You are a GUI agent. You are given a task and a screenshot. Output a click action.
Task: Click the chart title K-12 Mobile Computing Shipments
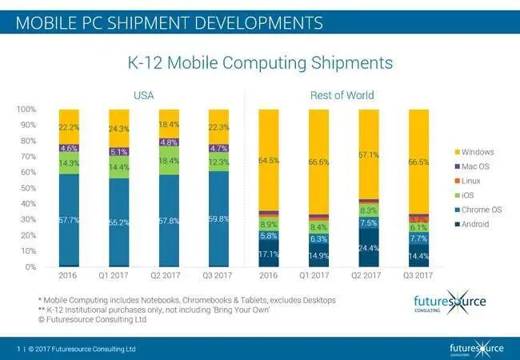260,62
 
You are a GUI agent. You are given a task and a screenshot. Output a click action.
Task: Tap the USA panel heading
143,96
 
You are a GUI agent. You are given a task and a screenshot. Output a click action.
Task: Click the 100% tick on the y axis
27,109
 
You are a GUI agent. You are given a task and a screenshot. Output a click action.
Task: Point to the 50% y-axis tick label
29,188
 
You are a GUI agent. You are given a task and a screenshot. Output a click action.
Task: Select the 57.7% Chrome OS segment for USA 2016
68,218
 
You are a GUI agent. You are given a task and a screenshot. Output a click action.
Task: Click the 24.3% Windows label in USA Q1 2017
118,128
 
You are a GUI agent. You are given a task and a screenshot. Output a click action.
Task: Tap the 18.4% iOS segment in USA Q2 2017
169,161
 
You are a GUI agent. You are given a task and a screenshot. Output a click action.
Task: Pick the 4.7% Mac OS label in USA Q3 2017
218,148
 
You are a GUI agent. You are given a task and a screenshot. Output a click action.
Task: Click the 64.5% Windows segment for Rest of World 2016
269,160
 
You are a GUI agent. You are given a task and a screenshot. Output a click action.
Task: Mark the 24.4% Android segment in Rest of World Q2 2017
369,247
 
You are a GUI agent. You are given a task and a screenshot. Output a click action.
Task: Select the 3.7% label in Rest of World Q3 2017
419,218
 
